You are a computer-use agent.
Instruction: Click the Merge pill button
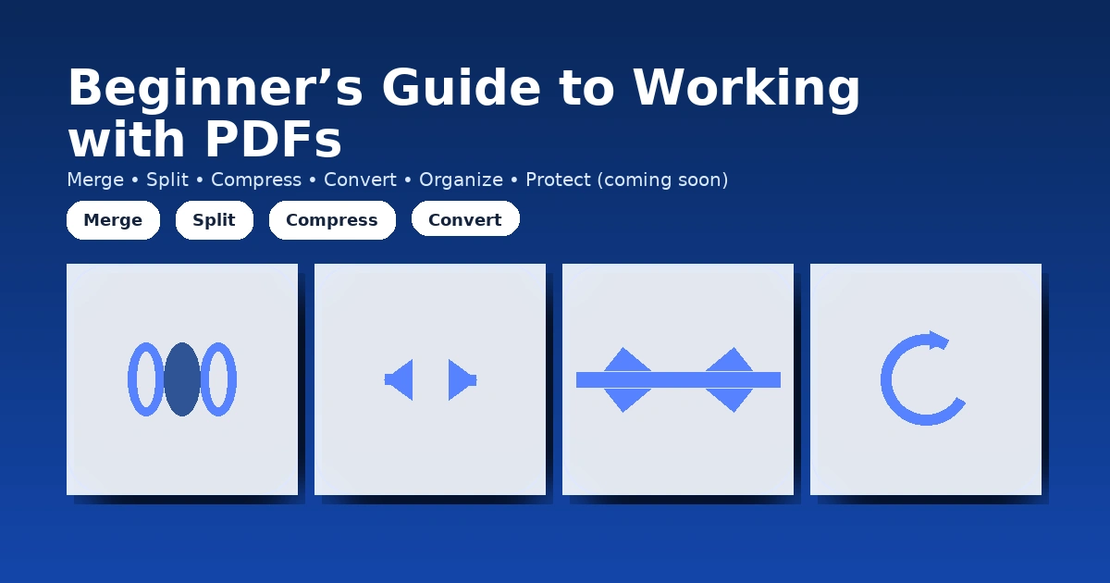pyautogui.click(x=113, y=220)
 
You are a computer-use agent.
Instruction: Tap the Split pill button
pyautogui.click(x=214, y=220)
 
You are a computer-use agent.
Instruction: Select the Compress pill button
pyautogui.click(x=331, y=220)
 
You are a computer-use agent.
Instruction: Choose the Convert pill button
pyautogui.click(x=464, y=220)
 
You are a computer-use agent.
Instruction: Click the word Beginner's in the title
pyautogui.click(x=215, y=90)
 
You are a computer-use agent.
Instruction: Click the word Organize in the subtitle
pyautogui.click(x=461, y=180)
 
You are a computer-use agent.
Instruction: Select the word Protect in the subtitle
pyautogui.click(x=558, y=180)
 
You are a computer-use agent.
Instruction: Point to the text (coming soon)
pyautogui.click(x=662, y=180)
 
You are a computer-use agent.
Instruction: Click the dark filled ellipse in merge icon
pyautogui.click(x=182, y=379)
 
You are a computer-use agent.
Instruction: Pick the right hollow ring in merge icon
pyautogui.click(x=219, y=379)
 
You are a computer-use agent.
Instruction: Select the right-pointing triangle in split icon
pyautogui.click(x=460, y=379)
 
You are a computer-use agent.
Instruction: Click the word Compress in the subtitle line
pyautogui.click(x=256, y=180)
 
